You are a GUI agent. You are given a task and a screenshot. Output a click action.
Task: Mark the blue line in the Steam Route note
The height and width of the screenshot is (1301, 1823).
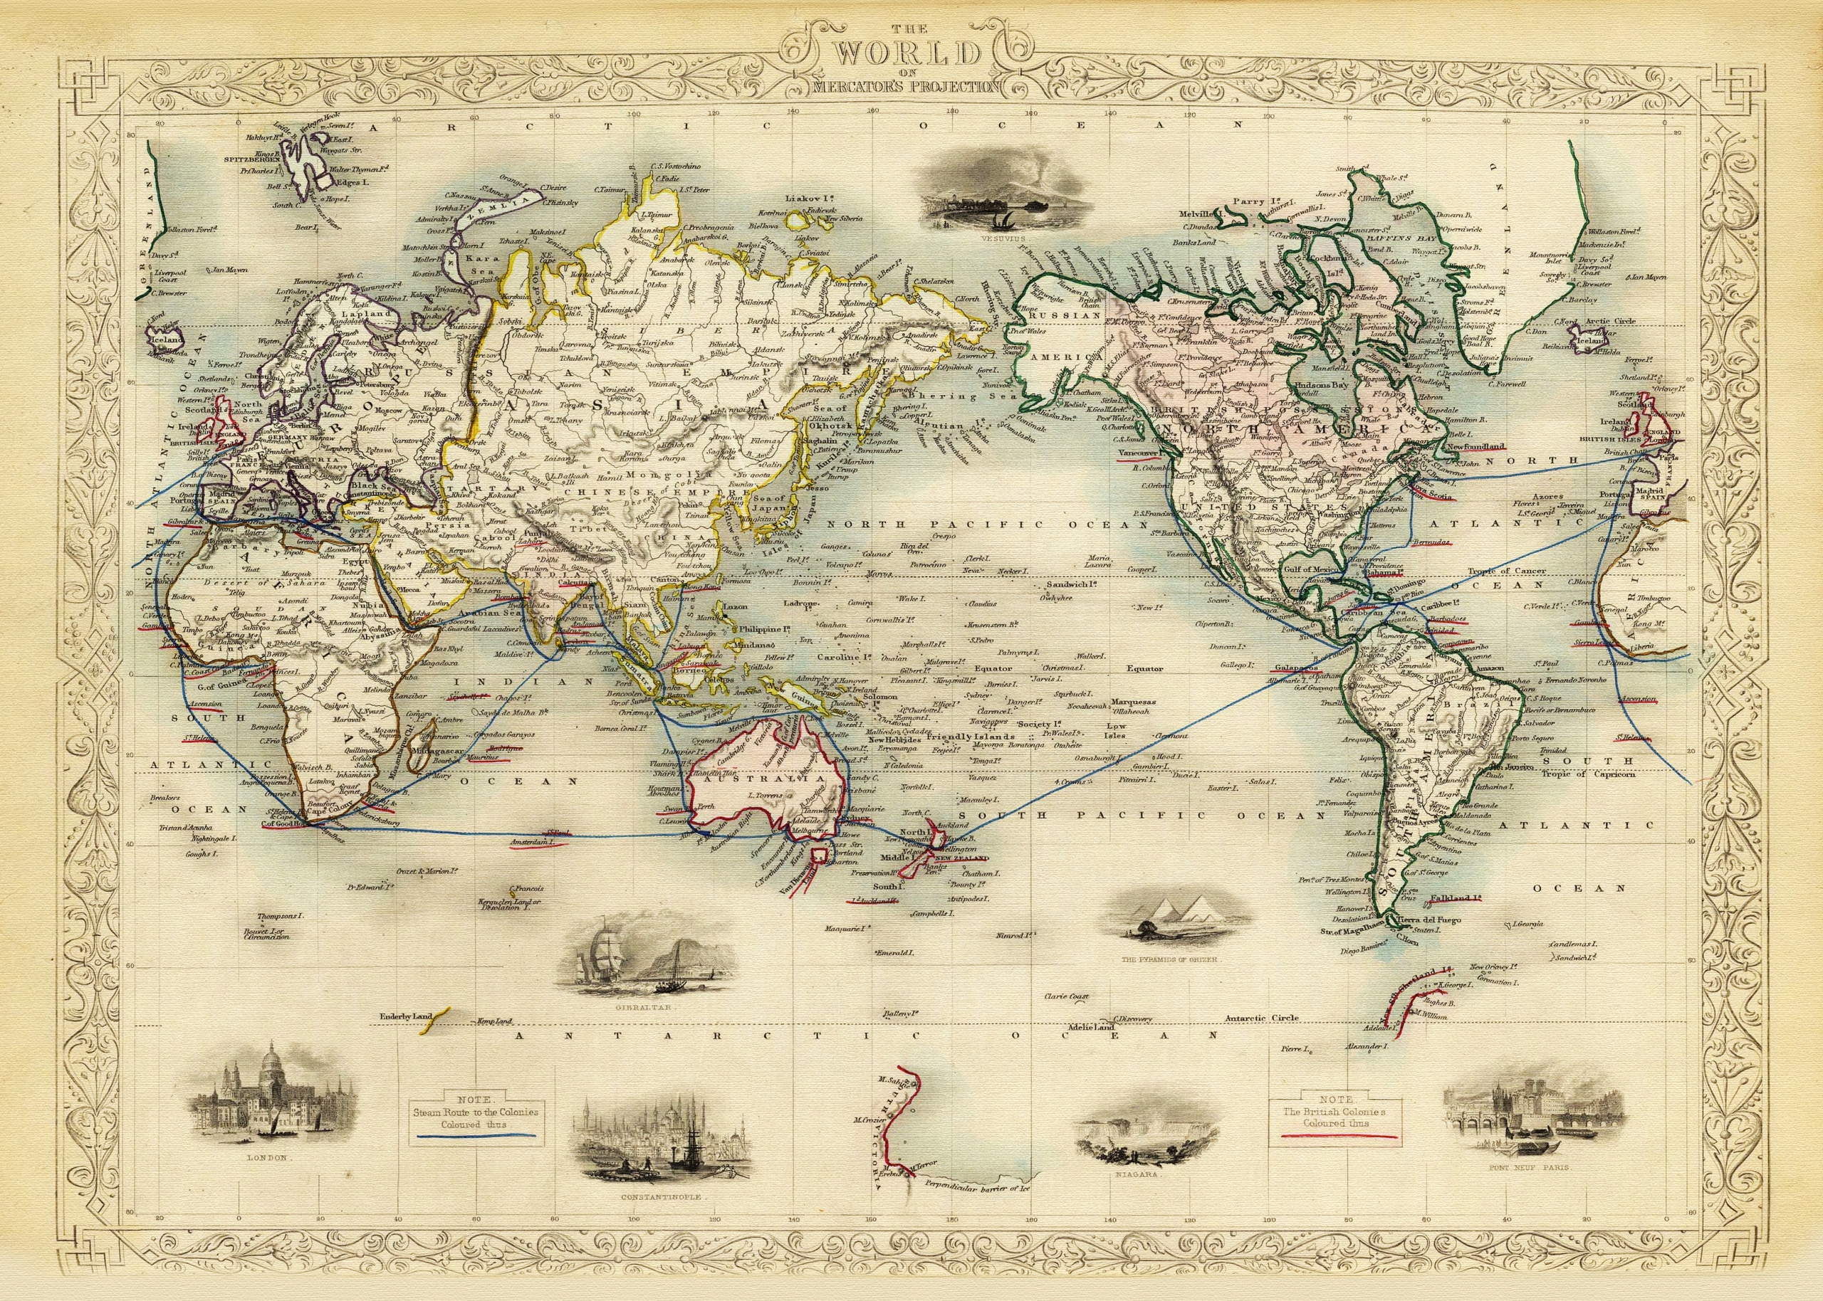(475, 1136)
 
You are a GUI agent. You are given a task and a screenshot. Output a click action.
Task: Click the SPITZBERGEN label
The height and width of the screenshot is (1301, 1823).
(250, 160)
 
